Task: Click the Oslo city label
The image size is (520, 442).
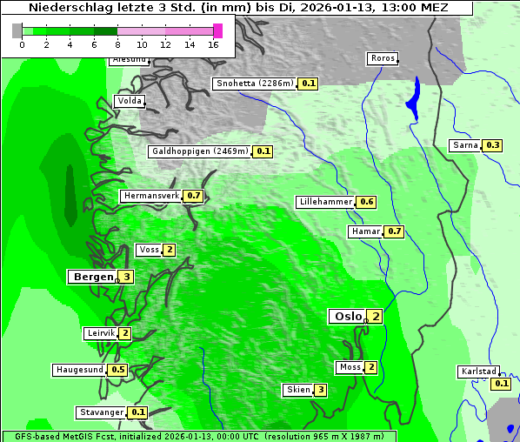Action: pos(348,317)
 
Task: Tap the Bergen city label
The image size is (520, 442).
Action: pos(93,277)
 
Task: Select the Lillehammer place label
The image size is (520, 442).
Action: pos(325,202)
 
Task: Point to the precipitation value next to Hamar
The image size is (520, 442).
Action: pos(395,231)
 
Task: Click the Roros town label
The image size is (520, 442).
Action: pos(383,59)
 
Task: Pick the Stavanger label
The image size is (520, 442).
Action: pos(101,412)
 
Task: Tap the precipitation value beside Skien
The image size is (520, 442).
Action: pos(321,390)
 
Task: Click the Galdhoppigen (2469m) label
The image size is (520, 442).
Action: pos(200,151)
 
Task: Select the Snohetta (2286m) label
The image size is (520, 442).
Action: pos(254,84)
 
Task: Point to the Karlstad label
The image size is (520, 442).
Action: pos(479,372)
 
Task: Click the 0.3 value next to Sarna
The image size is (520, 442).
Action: pos(493,145)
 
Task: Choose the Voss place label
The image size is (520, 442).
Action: pos(149,250)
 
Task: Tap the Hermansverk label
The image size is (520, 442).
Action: pos(150,196)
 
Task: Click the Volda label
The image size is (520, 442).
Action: pos(129,101)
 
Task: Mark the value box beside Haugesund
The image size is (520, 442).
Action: pos(118,370)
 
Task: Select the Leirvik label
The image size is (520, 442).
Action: pos(101,333)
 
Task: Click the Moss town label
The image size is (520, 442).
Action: pos(350,367)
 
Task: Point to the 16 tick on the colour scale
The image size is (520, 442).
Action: pos(214,44)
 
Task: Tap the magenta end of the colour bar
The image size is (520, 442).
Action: pos(217,30)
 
